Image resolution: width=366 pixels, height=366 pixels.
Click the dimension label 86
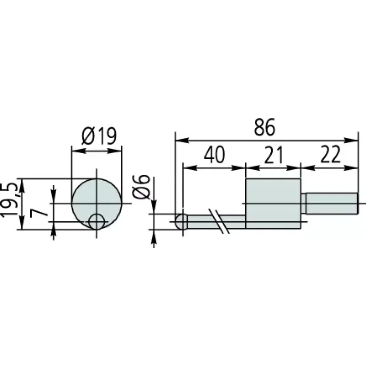tap(265, 127)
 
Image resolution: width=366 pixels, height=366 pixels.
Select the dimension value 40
tap(215, 154)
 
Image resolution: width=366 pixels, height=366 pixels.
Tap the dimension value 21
tap(274, 154)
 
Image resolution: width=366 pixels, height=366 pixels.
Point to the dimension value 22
tap(330, 154)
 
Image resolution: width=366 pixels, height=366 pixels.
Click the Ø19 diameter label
tap(99, 136)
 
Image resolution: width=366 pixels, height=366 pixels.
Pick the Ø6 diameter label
tap(141, 187)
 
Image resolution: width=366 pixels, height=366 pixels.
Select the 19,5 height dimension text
tap(10, 199)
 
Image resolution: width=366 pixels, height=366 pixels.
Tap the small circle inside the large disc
tap(97, 221)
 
